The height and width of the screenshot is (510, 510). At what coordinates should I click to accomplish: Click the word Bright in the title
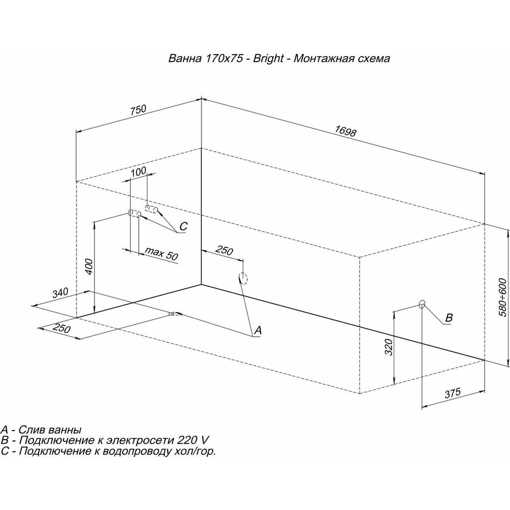click(x=268, y=59)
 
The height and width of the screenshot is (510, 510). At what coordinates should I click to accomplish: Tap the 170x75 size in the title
click(x=223, y=59)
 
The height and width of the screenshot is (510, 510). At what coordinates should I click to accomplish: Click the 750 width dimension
click(x=139, y=110)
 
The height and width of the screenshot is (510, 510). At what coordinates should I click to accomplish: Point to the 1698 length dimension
click(x=346, y=131)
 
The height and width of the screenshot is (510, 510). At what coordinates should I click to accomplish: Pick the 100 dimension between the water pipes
click(x=138, y=171)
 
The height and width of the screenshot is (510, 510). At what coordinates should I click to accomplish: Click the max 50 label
click(x=161, y=253)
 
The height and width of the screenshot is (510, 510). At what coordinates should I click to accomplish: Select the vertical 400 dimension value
click(x=90, y=267)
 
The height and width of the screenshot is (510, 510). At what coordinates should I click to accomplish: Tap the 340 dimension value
click(x=60, y=292)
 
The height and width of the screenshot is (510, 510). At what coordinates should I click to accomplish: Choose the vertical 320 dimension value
click(x=389, y=347)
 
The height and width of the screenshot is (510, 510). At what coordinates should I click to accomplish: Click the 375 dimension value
click(x=453, y=393)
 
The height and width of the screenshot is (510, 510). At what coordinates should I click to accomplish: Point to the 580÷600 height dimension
click(x=502, y=297)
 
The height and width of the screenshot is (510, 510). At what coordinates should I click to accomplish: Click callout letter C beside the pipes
click(x=184, y=226)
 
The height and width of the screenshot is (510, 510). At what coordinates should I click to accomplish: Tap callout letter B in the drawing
click(x=449, y=317)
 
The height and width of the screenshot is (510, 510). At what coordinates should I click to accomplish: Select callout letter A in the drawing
click(x=258, y=330)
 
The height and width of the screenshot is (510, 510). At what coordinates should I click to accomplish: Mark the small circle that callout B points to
click(x=422, y=304)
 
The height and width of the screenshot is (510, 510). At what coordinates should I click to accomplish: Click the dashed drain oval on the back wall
click(x=243, y=278)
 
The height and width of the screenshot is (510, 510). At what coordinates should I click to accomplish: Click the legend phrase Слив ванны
click(x=50, y=429)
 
